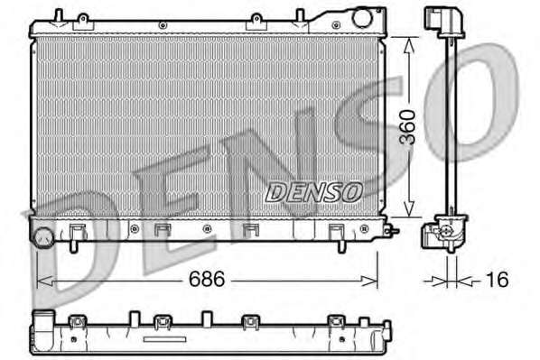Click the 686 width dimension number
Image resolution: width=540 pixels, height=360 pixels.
tap(207, 279)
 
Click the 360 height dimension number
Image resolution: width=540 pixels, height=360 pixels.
tap(407, 126)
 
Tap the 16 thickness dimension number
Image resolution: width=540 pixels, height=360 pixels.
tap(497, 279)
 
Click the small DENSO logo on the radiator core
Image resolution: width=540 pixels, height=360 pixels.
tap(313, 192)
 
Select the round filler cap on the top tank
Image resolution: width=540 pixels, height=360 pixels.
tap(362, 17)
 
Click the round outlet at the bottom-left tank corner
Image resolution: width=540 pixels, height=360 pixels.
tap(43, 237)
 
